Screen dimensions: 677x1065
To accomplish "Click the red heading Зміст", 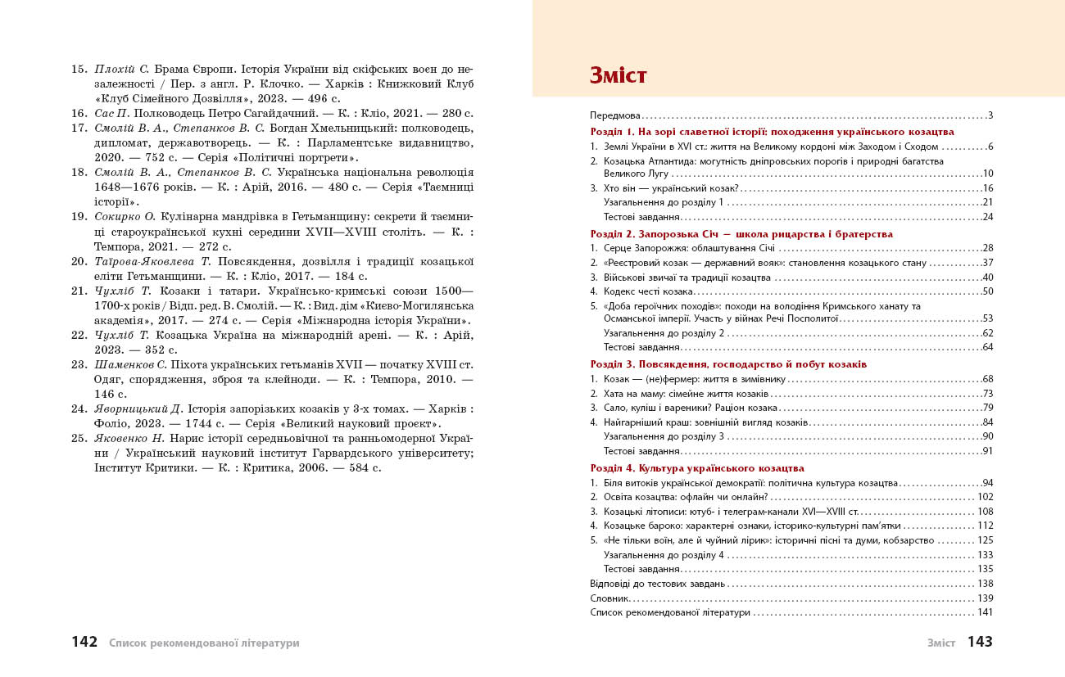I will pyautogui.click(x=619, y=76).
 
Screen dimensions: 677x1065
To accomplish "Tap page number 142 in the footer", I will pyautogui.click(x=84, y=643).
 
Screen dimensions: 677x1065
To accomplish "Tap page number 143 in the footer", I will pyautogui.click(x=980, y=643).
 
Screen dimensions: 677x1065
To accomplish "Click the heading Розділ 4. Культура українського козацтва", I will pyautogui.click(x=697, y=468).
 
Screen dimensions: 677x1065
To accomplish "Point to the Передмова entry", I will pyautogui.click(x=615, y=116).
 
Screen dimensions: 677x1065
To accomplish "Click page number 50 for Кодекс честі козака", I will pyautogui.click(x=987, y=291).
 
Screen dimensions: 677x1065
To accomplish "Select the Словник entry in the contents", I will pyautogui.click(x=610, y=598).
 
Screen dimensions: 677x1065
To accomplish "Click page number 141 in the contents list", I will pyautogui.click(x=985, y=612).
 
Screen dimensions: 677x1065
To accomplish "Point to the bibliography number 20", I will pyautogui.click(x=79, y=261).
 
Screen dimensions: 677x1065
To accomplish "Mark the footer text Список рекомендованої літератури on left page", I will pyautogui.click(x=204, y=643).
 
